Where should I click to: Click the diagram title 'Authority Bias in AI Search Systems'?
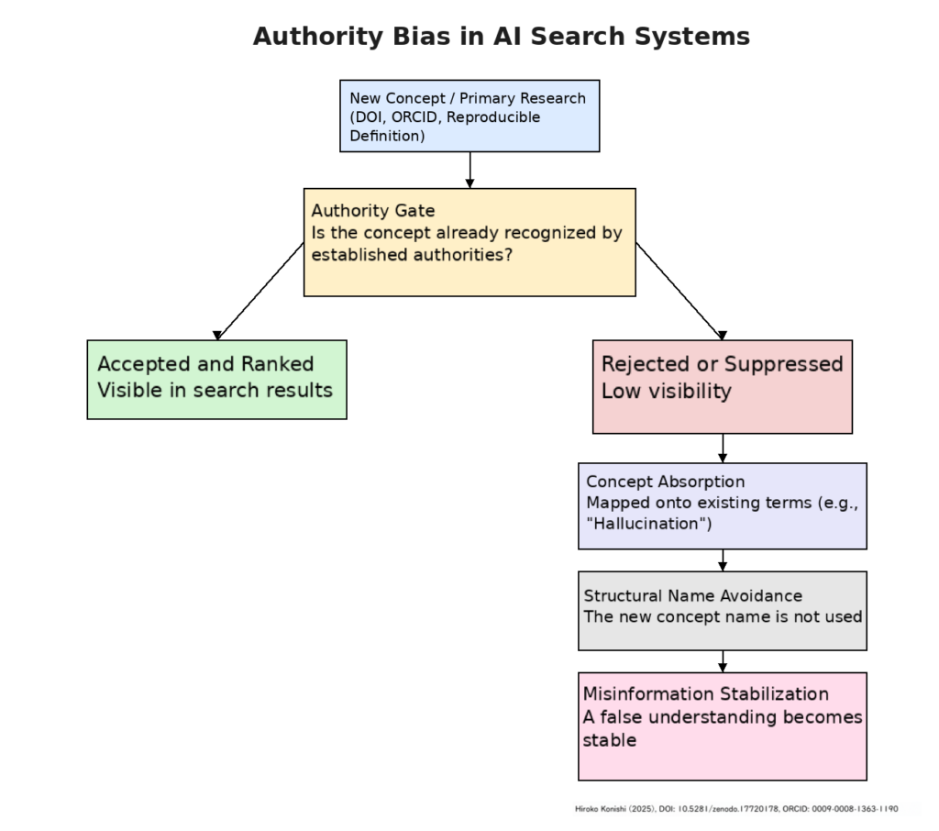pos(501,37)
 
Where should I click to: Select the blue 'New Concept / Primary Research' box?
pos(469,116)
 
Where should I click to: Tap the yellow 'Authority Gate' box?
pos(469,242)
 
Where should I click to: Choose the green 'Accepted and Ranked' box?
pos(216,379)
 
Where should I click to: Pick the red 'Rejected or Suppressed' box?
pos(722,386)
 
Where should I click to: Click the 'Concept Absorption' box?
pos(722,505)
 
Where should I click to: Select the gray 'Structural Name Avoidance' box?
pos(722,610)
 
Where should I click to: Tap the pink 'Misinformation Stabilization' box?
pos(722,726)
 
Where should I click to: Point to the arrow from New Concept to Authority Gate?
pos(469,171)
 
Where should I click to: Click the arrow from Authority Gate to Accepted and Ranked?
pos(260,291)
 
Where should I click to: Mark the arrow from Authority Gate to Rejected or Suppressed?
pos(679,291)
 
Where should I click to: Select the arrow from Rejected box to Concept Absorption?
pos(723,449)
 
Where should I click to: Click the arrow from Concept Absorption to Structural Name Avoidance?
pos(723,560)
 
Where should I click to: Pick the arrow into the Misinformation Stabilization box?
pos(723,661)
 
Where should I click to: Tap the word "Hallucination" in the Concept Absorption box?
pos(648,525)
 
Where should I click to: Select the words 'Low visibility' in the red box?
pos(666,391)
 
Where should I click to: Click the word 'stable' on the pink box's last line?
pos(610,740)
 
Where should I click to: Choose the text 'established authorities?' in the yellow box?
pos(412,255)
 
